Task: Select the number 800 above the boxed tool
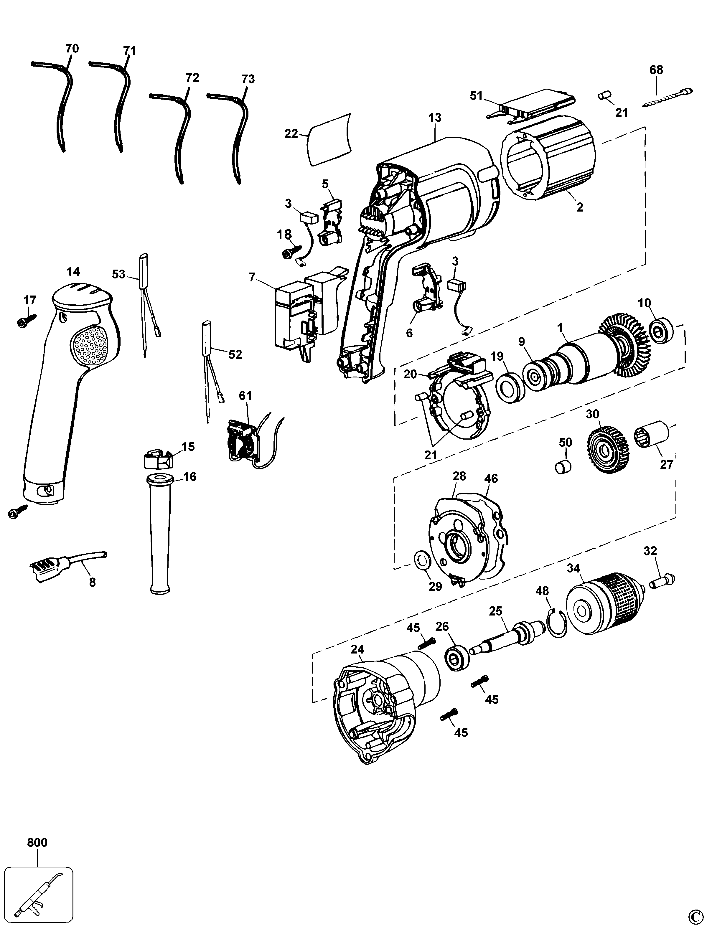pyautogui.click(x=37, y=843)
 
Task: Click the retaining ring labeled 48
pyautogui.click(x=558, y=623)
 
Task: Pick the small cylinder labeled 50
pyautogui.click(x=563, y=467)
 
